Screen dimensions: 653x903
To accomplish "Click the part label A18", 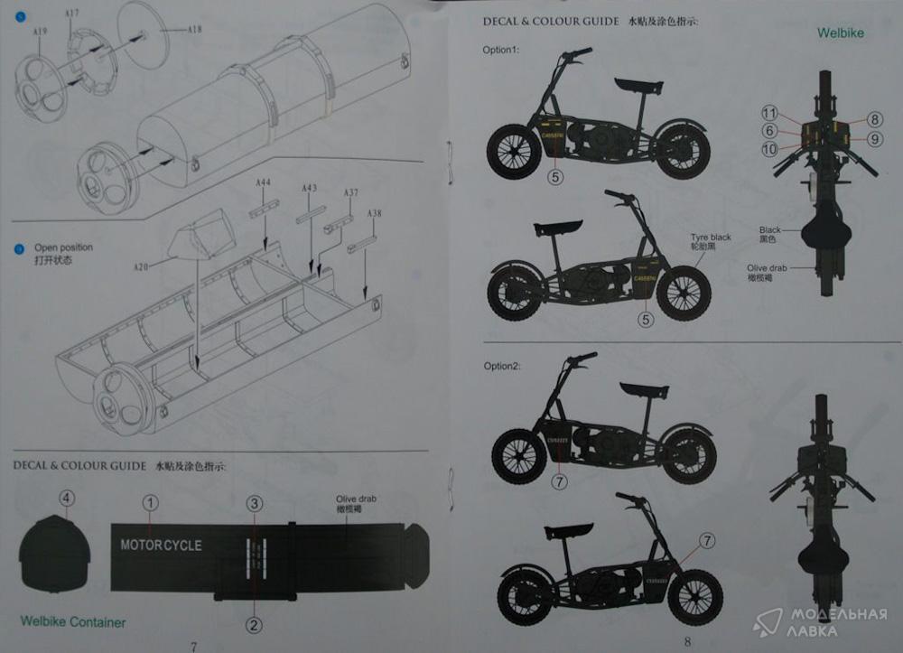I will (x=194, y=30).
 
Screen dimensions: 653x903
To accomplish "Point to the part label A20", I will (x=141, y=267).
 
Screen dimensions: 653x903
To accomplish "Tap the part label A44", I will (x=263, y=183).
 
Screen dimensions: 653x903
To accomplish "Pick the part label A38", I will (x=374, y=213).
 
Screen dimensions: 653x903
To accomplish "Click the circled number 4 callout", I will (x=67, y=498).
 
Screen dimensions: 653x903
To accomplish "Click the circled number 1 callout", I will (x=150, y=503).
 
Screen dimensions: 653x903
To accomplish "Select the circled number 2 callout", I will (x=255, y=624).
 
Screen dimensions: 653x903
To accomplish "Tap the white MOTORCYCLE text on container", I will (x=161, y=545).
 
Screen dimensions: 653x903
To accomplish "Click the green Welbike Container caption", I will (x=72, y=621).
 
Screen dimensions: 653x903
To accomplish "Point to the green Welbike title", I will (x=840, y=33).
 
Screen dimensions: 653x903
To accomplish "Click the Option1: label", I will (x=500, y=50).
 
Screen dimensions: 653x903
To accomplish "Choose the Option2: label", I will (x=502, y=366).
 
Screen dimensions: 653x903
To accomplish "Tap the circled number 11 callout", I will (x=768, y=113).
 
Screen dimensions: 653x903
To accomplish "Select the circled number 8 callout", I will (x=875, y=119).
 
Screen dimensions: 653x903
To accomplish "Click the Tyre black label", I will (x=711, y=238).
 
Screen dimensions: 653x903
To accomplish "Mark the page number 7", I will (x=192, y=646).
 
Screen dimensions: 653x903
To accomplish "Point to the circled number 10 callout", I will (x=768, y=149).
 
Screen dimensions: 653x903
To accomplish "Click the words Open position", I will (x=63, y=247).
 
